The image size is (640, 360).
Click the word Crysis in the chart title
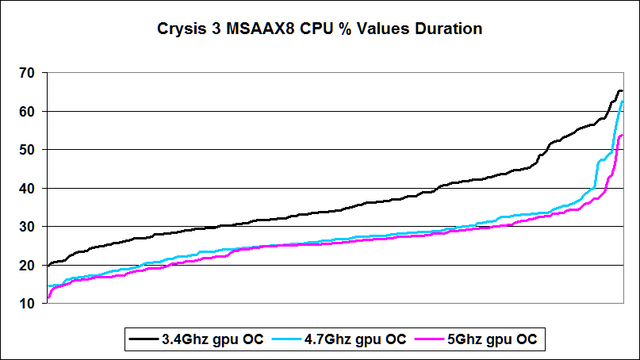coord(179,30)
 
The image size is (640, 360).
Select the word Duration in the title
coord(449,30)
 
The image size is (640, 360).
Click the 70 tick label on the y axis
coord(27,73)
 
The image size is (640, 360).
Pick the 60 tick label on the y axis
coord(27,112)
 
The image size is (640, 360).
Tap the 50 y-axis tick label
coord(27,150)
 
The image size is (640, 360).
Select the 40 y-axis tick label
coord(27,189)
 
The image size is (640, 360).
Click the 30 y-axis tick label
coord(27,227)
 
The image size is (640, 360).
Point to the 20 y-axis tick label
coord(27,266)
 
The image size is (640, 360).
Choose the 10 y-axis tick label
coord(27,304)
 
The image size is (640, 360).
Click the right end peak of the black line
coord(620,90)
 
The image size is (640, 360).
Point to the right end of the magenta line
coord(622,135)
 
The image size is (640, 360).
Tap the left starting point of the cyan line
coord(48,285)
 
